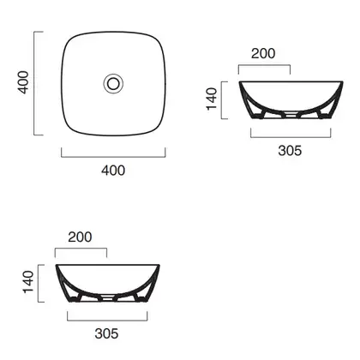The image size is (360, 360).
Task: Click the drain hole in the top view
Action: pyautogui.click(x=113, y=83)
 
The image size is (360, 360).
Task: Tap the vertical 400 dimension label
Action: pyautogui.click(x=23, y=82)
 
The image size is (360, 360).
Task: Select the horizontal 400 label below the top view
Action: pyautogui.click(x=113, y=171)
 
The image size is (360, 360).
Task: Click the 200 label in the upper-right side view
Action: pyautogui.click(x=263, y=53)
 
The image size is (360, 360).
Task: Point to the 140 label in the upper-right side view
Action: pyautogui.click(x=212, y=99)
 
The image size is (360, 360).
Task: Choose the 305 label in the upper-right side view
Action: pyautogui.click(x=290, y=151)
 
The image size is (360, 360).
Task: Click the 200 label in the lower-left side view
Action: pyautogui.click(x=80, y=237)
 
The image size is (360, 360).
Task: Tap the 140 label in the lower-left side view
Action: pyautogui.click(x=28, y=282)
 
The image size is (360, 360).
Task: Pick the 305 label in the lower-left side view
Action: pyautogui.click(x=106, y=333)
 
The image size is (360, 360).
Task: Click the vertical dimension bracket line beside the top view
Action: pyautogui.click(x=34, y=83)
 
